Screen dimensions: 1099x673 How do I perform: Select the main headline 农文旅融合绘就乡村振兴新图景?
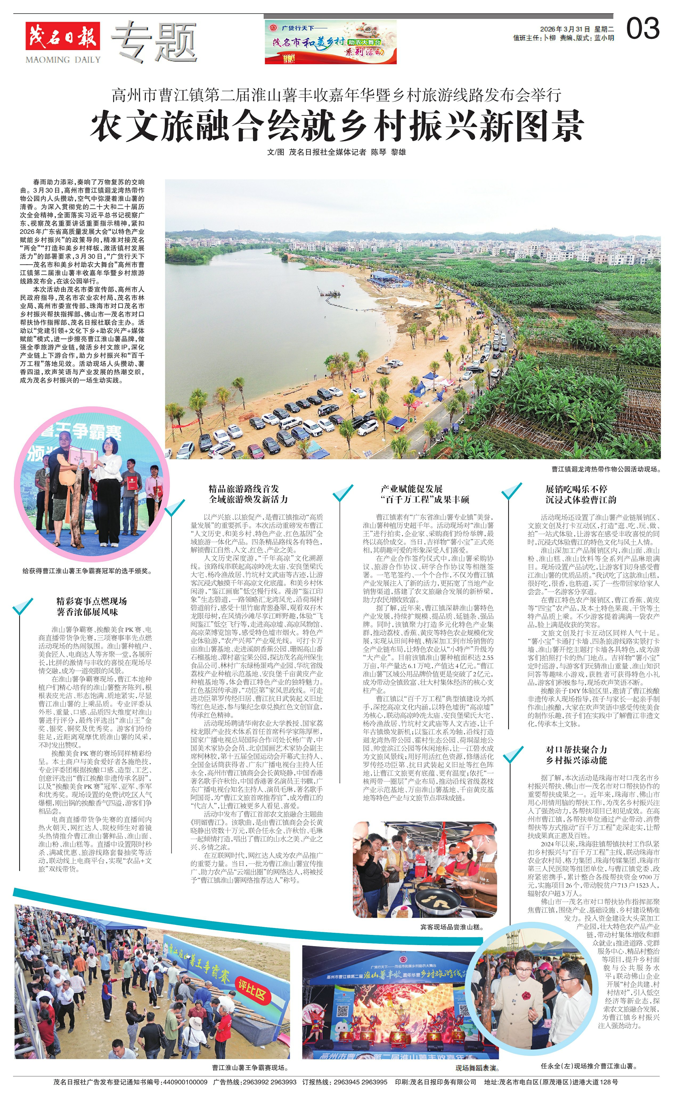coord(337,126)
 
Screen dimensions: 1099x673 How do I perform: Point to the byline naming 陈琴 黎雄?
coord(336,152)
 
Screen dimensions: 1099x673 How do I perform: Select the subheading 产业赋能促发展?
coord(411,489)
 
